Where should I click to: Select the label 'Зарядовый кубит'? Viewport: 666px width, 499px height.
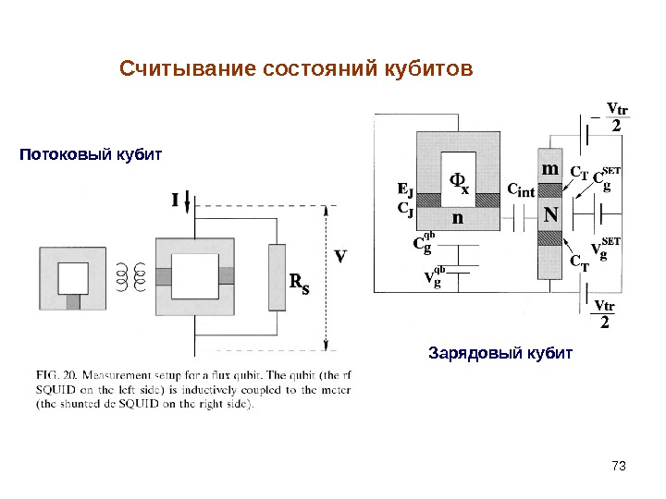click(500, 354)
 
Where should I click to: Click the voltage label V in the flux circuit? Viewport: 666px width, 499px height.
click(341, 256)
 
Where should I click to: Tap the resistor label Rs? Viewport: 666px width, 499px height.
click(300, 283)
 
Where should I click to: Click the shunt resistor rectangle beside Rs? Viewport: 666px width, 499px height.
click(277, 277)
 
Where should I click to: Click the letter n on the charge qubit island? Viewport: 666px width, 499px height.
click(457, 218)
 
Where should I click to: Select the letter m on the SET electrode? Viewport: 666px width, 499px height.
click(549, 170)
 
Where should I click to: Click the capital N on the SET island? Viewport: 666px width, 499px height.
click(550, 215)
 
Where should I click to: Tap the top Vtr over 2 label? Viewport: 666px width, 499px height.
click(615, 118)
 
